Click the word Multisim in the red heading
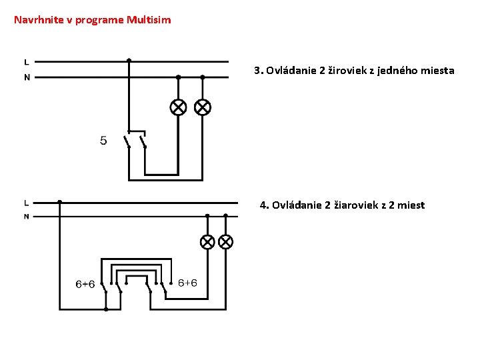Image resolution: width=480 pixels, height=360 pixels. (149, 20)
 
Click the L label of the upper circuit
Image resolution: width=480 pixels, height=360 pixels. (27, 61)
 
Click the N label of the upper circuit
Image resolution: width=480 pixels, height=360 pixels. (27, 77)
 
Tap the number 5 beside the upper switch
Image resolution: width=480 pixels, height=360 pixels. (103, 141)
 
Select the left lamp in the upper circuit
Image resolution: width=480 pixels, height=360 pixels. (179, 107)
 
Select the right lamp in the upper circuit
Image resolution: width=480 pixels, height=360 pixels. (202, 107)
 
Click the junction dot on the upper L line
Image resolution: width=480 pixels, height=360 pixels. (129, 60)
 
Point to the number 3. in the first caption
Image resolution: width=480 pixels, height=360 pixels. (259, 70)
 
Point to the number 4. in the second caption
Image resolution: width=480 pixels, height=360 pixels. (264, 205)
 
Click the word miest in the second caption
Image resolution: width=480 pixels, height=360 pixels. (411, 205)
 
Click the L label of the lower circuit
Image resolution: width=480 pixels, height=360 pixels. (26, 202)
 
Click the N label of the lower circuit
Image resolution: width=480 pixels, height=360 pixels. (26, 217)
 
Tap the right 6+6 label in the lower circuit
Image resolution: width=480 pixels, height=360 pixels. (187, 283)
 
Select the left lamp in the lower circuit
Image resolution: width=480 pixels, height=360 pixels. (207, 241)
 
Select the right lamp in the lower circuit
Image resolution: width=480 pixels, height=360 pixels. (225, 241)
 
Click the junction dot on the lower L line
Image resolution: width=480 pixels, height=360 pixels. (60, 201)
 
